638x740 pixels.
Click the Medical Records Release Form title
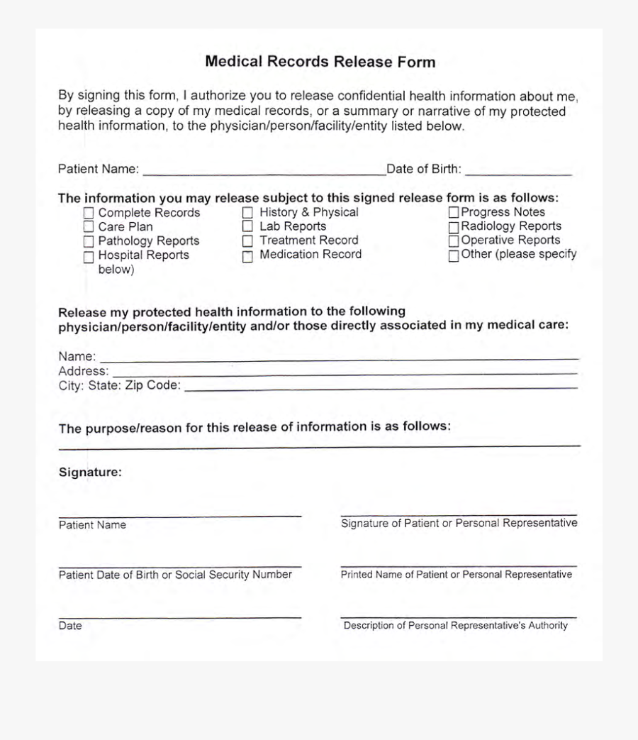320,62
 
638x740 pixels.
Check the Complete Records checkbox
89,213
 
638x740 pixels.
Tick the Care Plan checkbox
89,227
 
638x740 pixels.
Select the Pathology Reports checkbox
89,242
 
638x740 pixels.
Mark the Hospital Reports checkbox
89,257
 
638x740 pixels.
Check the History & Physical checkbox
247,212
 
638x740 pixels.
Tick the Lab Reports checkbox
247,226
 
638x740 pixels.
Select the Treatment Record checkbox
247,241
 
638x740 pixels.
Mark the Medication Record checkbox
247,256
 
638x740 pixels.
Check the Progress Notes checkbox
454,212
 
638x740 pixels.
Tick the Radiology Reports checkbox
454,227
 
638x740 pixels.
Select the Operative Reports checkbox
454,241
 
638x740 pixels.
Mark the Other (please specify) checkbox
454,256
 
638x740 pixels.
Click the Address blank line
345,373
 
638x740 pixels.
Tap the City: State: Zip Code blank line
381,388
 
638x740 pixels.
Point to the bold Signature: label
90,472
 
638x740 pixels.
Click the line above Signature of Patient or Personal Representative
459,514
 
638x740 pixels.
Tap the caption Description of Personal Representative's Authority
456,626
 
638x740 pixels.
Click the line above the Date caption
180,617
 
